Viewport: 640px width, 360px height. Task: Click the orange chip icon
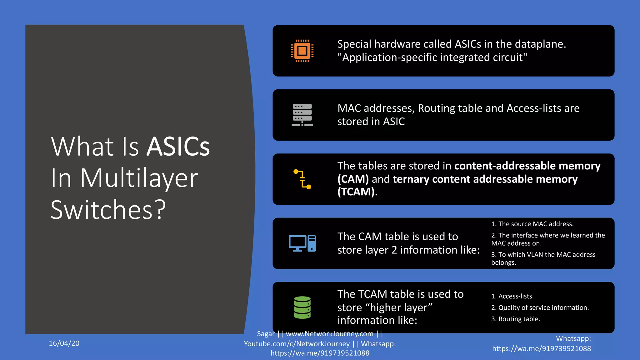[302, 51]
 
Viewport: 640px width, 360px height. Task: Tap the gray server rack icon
[302, 115]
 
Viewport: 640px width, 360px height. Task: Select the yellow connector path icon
[302, 179]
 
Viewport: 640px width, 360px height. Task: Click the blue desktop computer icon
[302, 243]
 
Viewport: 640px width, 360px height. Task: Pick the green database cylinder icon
[302, 307]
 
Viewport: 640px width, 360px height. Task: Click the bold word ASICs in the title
[178, 147]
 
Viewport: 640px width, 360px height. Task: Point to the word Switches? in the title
[108, 210]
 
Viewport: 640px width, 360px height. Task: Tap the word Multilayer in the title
[139, 178]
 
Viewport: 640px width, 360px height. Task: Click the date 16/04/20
[64, 343]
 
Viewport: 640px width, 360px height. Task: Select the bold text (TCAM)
[356, 192]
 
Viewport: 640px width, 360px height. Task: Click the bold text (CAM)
[353, 179]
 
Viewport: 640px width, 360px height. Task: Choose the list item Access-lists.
[516, 296]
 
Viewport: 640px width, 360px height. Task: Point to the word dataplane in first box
[539, 44]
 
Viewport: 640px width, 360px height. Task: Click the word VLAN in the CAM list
[535, 255]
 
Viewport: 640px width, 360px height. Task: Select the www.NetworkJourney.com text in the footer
[329, 334]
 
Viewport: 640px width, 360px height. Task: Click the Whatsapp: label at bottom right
[573, 339]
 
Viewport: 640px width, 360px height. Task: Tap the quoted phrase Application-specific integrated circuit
[432, 57]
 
